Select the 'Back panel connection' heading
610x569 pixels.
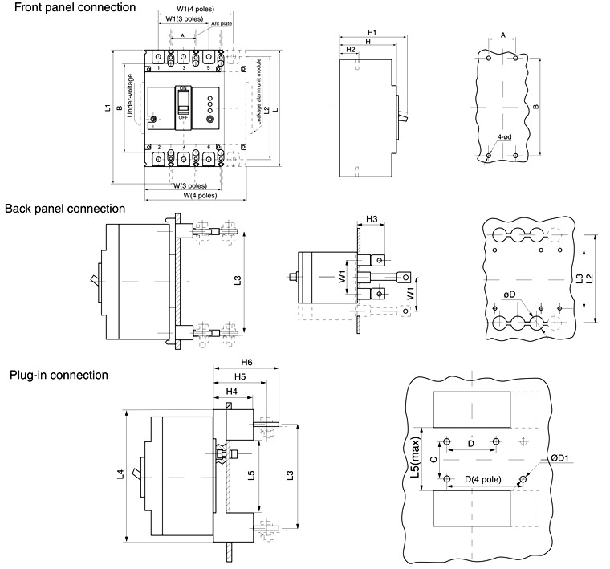[65, 209]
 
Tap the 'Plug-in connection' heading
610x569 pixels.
[59, 375]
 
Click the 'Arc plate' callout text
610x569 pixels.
[222, 24]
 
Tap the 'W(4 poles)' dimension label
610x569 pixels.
[194, 195]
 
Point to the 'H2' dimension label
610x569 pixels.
[351, 50]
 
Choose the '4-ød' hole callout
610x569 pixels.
[505, 137]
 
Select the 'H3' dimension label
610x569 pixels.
[372, 218]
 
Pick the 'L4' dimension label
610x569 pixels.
[120, 474]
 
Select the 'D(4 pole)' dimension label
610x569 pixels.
[483, 480]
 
